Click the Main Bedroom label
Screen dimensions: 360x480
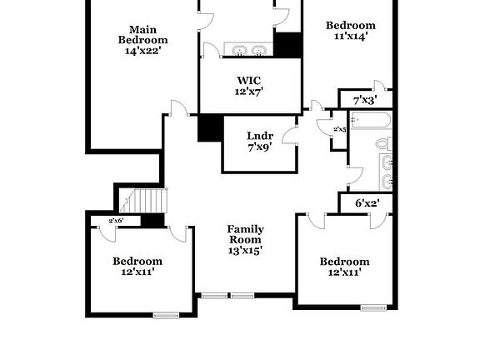point(142,33)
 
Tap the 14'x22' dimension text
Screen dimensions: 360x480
point(142,51)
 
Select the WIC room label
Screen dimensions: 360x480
point(249,81)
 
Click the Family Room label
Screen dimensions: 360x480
point(246,239)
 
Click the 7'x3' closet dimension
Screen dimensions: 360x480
point(365,100)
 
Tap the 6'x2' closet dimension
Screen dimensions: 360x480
point(367,202)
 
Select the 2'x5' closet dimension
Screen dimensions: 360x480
point(339,130)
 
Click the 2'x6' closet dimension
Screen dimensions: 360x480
point(117,221)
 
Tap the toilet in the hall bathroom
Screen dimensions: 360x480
point(383,144)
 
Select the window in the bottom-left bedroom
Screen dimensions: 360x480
point(167,314)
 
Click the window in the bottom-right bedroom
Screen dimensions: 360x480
point(372,307)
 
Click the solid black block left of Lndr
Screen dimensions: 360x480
point(209,127)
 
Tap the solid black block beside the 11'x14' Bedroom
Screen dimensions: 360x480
point(287,45)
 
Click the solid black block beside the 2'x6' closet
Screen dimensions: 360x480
point(152,221)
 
